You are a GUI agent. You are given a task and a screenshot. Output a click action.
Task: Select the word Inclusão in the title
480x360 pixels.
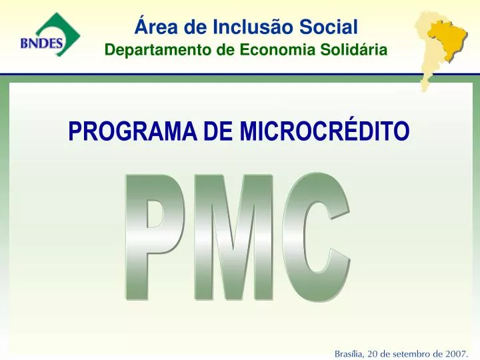(x=235, y=27)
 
